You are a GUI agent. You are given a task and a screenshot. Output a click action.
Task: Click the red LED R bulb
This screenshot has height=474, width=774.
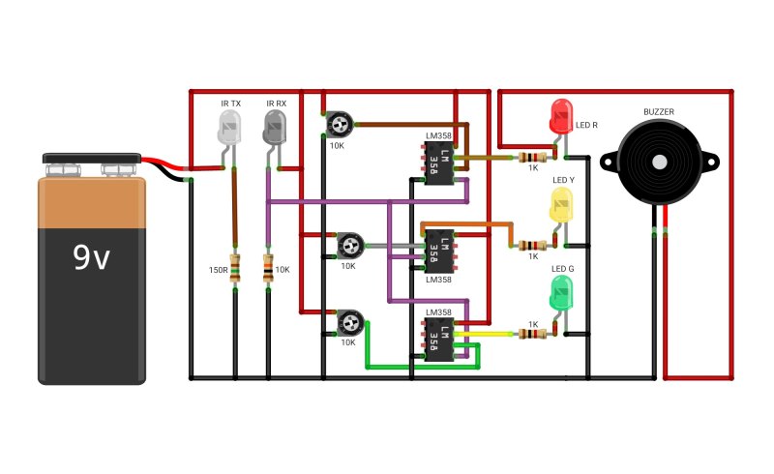coord(561,116)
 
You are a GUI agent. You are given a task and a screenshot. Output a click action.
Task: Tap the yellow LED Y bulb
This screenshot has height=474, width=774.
coord(561,204)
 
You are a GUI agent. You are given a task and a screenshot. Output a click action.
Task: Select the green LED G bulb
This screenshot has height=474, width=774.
coord(561,293)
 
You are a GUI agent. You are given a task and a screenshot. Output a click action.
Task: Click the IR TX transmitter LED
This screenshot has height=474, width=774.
coord(229,128)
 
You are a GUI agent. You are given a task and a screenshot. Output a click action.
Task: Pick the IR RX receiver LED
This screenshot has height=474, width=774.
coord(275,128)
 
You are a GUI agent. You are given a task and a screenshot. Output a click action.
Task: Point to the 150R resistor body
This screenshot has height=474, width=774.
coord(235,268)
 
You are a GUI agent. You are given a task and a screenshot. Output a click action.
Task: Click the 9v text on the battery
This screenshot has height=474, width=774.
coord(91,256)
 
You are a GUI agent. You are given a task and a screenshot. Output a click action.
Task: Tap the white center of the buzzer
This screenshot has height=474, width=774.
coord(660,162)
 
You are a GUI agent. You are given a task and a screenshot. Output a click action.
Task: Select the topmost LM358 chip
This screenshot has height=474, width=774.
coord(439,163)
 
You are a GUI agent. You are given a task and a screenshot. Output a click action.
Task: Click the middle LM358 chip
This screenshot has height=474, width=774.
coord(439,252)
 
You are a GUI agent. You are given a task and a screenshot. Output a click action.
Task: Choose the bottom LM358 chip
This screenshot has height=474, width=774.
coord(439,340)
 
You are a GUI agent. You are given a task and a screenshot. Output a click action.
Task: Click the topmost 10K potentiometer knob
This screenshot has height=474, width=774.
coord(340,124)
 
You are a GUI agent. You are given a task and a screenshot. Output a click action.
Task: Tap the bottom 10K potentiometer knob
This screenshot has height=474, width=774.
coord(350,323)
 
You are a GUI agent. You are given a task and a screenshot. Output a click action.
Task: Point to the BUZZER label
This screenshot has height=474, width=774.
coord(659,112)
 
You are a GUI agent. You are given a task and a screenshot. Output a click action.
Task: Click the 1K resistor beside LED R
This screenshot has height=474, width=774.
coord(533,158)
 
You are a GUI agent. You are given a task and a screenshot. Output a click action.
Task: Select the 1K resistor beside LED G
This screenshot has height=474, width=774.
coord(533,335)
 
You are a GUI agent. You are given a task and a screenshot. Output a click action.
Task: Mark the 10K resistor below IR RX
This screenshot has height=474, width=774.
coord(268,268)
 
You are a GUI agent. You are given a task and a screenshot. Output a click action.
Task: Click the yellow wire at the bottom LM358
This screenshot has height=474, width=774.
coord(484,335)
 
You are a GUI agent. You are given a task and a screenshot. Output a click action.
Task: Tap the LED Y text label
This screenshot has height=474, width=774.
coord(563,180)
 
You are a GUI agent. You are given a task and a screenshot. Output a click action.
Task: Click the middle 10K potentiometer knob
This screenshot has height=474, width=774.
coord(351,245)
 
